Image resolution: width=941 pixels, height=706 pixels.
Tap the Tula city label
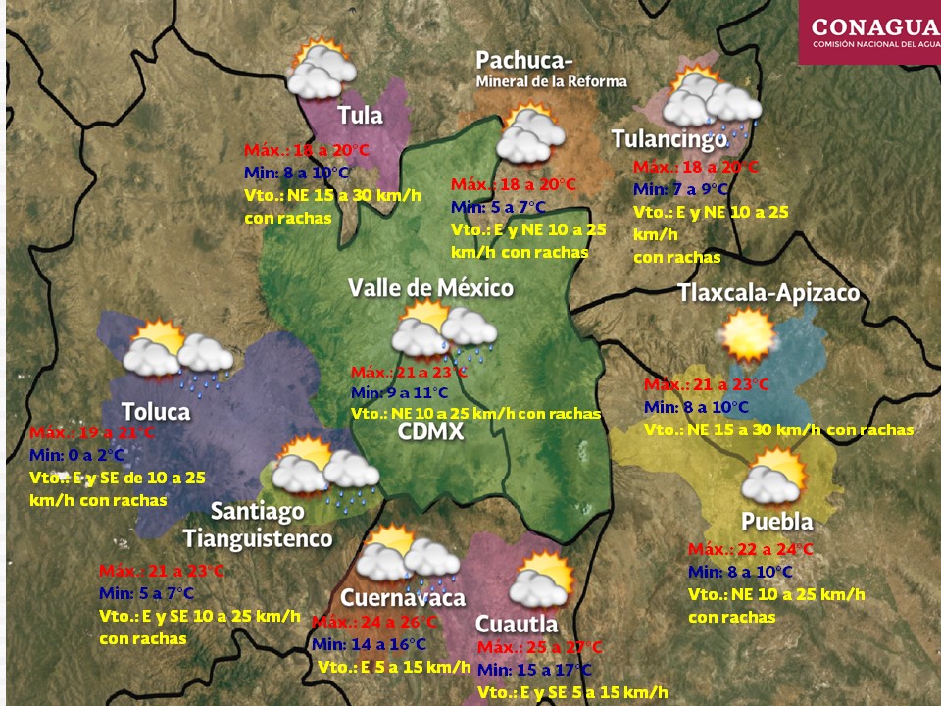360,116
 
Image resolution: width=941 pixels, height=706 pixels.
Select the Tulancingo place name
669,139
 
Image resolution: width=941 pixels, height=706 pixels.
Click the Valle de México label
430,288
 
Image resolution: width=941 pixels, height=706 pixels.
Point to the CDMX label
430,431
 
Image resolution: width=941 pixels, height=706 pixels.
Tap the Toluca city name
156,412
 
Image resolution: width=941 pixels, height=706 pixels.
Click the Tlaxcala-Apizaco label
768,293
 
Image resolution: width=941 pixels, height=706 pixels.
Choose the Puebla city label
776,521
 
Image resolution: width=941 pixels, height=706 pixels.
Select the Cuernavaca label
402,598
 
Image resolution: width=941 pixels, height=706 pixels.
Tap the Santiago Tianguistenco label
258,526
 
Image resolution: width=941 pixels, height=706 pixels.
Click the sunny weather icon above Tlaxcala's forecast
749,336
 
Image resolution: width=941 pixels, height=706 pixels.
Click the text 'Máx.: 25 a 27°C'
539,648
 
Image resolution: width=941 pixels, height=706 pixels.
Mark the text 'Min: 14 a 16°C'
369,644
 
